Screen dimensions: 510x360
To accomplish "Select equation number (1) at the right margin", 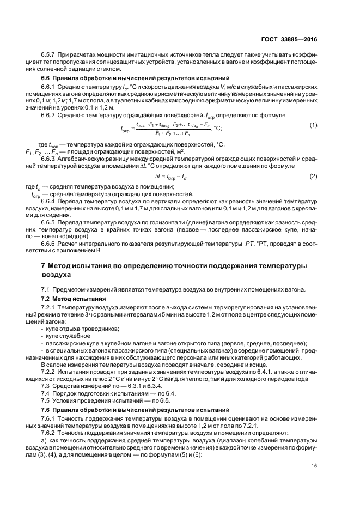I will pyautogui.click(x=314, y=125).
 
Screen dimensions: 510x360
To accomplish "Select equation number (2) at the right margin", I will pyautogui.click(x=314, y=175).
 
